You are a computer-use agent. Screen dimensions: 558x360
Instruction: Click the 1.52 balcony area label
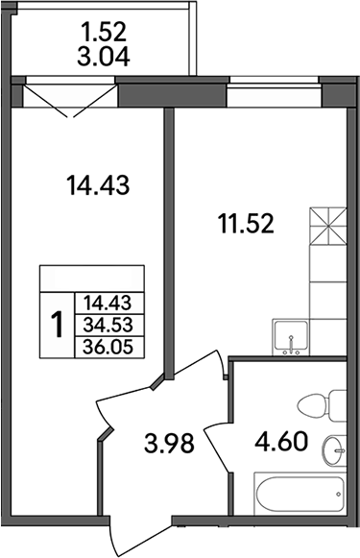coord(103,31)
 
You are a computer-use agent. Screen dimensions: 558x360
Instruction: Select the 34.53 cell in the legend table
coord(108,324)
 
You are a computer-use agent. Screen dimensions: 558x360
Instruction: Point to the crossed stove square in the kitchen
coord(328,228)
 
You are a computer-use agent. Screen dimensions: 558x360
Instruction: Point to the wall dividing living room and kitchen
coord(168,240)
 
